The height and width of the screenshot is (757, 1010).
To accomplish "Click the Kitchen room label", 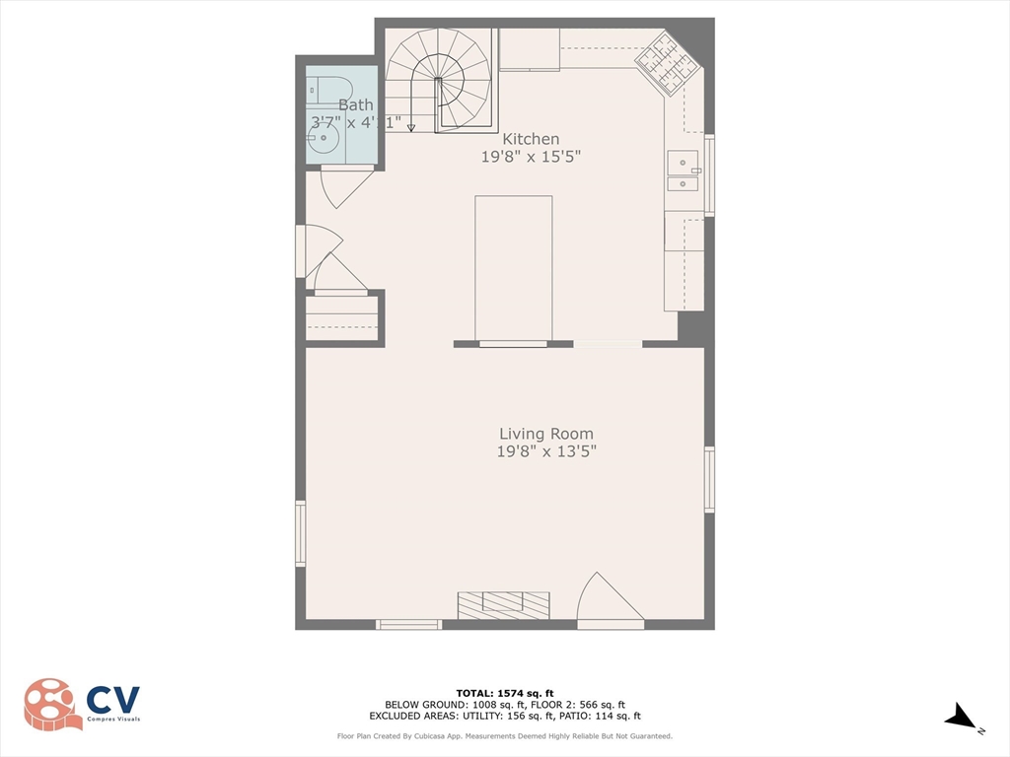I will click(x=531, y=139).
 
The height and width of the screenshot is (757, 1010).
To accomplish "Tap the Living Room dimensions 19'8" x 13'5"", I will click(x=546, y=452).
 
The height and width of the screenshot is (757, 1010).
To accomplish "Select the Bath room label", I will click(x=355, y=105).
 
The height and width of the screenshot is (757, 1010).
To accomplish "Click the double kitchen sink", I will click(x=683, y=171).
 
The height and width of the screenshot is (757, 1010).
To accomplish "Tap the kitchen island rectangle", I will click(x=513, y=268).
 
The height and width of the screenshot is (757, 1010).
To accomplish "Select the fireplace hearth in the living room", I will click(x=503, y=604).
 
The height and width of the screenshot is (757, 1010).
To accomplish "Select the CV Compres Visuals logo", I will click(x=83, y=704).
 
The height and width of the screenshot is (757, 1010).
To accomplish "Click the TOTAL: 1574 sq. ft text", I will click(x=512, y=692).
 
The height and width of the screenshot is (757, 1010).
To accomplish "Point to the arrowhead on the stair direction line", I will click(x=411, y=127).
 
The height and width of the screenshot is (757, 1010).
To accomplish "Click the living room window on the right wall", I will click(x=709, y=480).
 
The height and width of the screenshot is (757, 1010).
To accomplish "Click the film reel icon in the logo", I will click(x=51, y=704).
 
